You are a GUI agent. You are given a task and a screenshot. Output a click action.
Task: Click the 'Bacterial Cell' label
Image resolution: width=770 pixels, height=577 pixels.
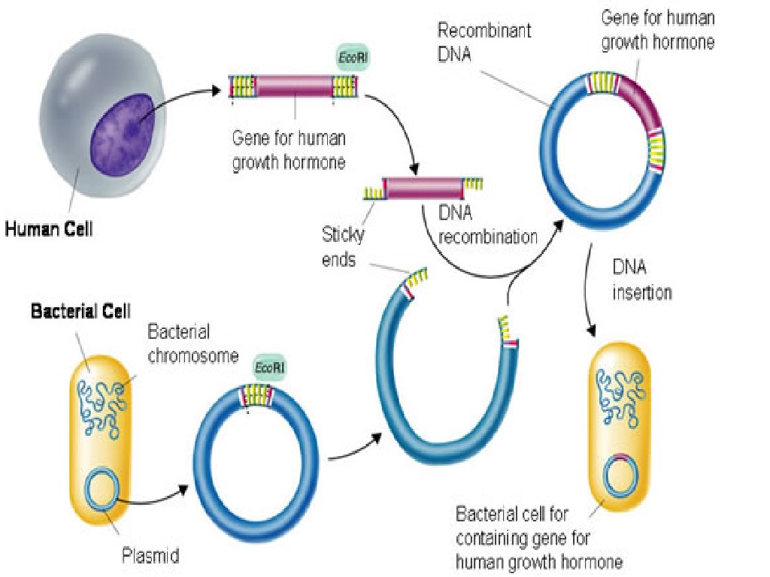click(x=80, y=310)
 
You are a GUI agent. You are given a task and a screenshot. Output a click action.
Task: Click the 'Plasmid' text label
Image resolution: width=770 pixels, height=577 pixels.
click(x=150, y=557)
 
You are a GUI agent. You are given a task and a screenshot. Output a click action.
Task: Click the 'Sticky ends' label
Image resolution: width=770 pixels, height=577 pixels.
click(x=343, y=247)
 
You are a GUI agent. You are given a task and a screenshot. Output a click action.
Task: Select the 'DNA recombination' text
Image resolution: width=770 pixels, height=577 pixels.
click(x=487, y=225)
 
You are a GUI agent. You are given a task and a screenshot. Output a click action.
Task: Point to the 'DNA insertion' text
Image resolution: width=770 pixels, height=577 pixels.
click(x=641, y=280)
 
